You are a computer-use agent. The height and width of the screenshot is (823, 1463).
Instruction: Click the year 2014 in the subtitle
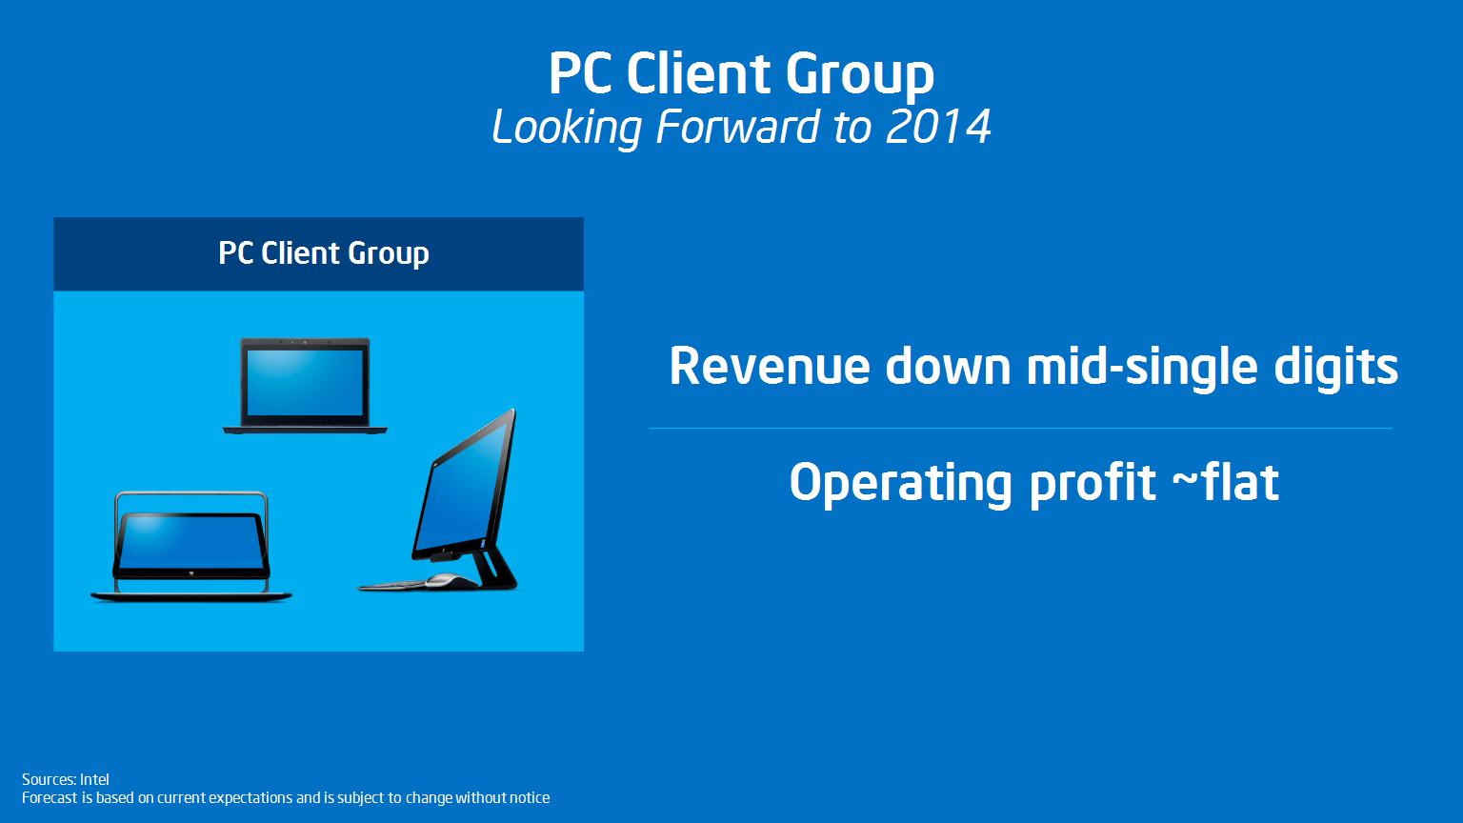pyautogui.click(x=938, y=127)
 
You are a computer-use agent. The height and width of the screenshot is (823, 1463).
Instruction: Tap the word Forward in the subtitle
pyautogui.click(x=737, y=127)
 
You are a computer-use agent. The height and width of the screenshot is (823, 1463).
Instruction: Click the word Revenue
pyautogui.click(x=770, y=366)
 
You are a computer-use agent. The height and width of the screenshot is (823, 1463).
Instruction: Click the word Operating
pyautogui.click(x=901, y=485)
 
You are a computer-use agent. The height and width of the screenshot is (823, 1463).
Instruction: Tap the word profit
pyautogui.click(x=1093, y=485)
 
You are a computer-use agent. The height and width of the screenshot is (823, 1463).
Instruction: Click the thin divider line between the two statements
pyautogui.click(x=1020, y=429)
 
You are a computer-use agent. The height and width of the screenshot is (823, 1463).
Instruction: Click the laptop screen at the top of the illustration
pyautogui.click(x=305, y=382)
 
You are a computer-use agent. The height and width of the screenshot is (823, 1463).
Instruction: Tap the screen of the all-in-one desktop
pyautogui.click(x=465, y=489)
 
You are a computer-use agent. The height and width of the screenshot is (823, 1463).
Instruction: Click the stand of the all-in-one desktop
pyautogui.click(x=495, y=569)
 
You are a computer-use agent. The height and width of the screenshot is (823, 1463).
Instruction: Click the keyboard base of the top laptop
pyautogui.click(x=305, y=430)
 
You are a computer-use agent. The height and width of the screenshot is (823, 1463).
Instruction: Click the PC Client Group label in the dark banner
pyautogui.click(x=323, y=253)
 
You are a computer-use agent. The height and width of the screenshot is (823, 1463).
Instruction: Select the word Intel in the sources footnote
pyautogui.click(x=94, y=779)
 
